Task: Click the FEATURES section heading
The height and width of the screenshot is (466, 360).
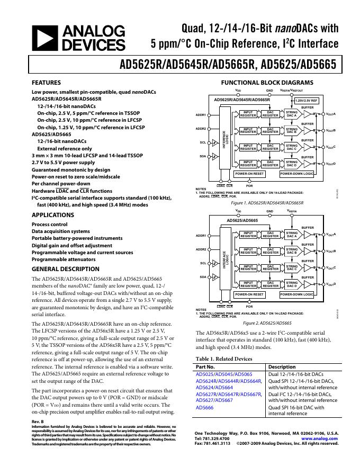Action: coord(46,83)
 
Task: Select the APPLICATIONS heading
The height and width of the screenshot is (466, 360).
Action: coord(52,215)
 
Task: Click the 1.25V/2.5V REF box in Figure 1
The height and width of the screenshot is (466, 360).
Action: coord(307,100)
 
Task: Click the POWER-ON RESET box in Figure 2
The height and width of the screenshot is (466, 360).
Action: coord(249,294)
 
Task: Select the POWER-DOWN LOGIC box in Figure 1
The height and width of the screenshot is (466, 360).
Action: coord(296,173)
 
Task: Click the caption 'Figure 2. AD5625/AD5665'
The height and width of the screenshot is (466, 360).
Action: coord(267,323)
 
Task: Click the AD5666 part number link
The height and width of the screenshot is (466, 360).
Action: coord(205,408)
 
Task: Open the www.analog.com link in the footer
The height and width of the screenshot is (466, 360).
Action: coord(319,438)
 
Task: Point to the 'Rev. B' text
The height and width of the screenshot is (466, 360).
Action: coord(38,422)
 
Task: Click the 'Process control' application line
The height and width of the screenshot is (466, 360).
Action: coord(49,224)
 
